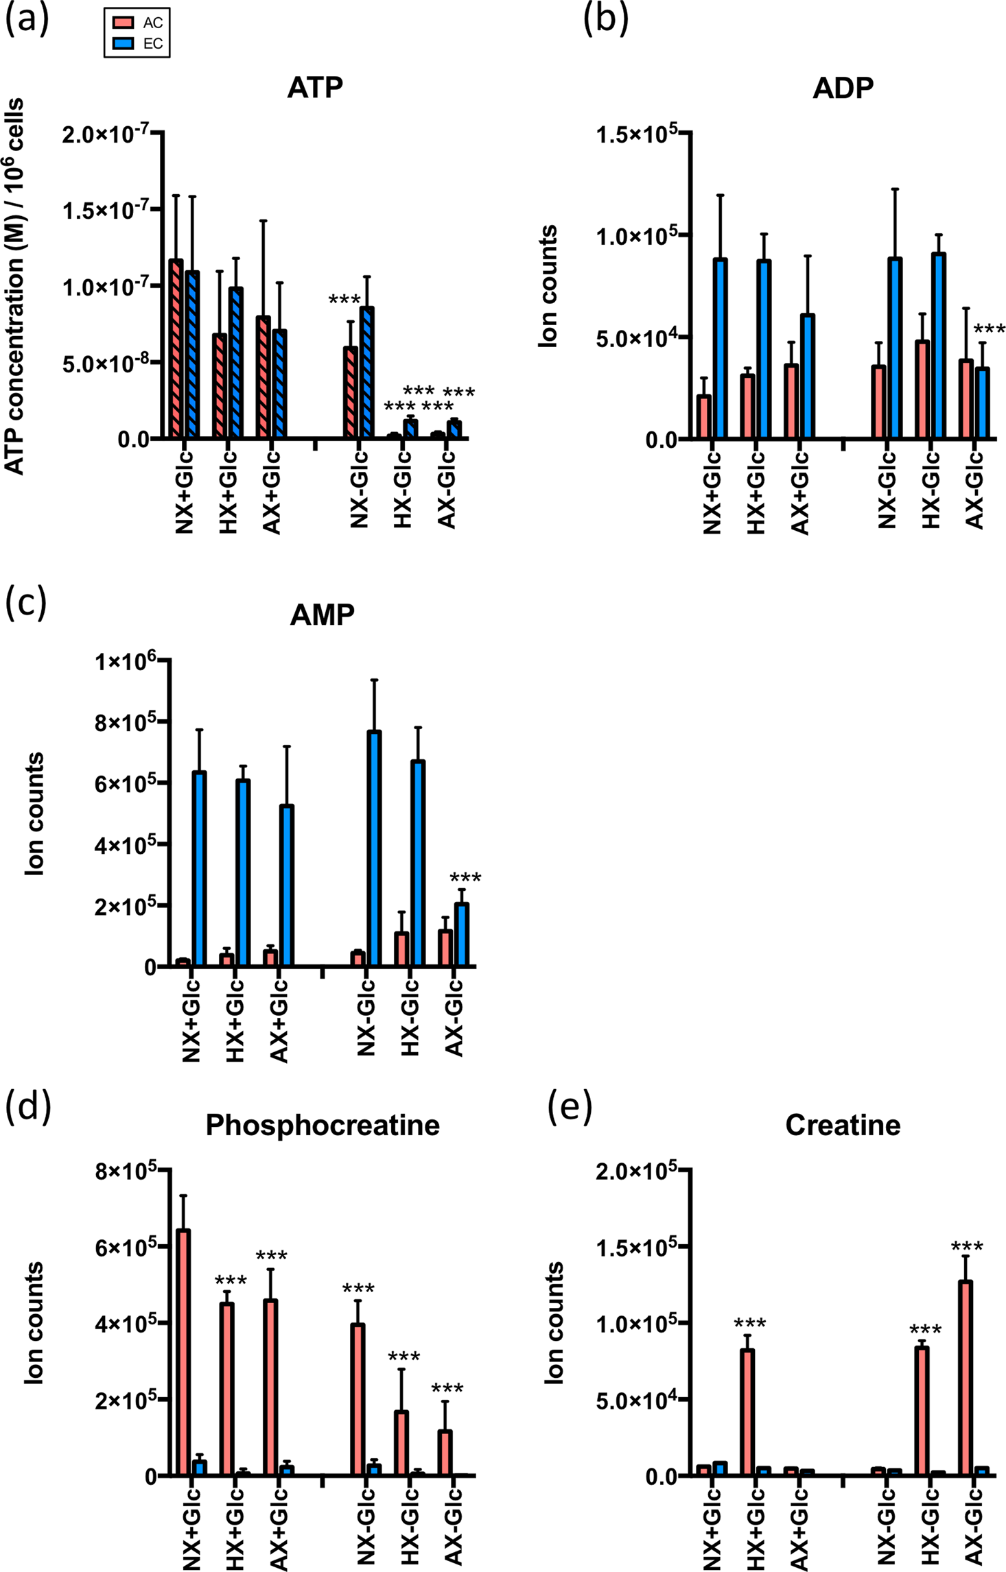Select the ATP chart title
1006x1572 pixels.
(315, 88)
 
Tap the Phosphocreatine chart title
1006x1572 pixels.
(323, 1126)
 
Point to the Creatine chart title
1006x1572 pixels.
(843, 1126)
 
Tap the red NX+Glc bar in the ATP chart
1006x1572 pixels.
(176, 350)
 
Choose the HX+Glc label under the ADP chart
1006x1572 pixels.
(756, 492)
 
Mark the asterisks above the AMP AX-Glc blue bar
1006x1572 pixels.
(465, 877)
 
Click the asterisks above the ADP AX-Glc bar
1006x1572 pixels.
(989, 329)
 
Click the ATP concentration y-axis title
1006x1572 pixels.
(15, 287)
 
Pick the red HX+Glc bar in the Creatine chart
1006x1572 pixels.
(747, 1413)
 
